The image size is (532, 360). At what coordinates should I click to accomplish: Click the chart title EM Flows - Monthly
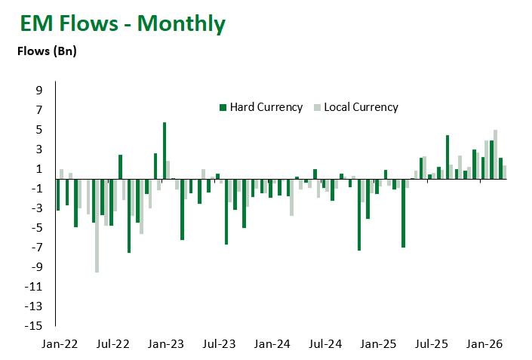(122, 23)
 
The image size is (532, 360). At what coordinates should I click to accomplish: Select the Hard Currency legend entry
(260, 107)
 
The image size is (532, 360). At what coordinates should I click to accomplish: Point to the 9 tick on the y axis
(38, 91)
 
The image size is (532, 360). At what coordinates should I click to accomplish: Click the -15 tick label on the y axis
(35, 326)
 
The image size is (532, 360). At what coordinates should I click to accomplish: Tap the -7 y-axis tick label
(37, 248)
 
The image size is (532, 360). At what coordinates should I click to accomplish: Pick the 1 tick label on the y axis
(38, 169)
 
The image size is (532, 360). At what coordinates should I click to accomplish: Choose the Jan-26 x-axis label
(485, 344)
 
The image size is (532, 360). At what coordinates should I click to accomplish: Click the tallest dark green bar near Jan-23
(165, 150)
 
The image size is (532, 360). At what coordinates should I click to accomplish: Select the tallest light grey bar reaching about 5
(495, 154)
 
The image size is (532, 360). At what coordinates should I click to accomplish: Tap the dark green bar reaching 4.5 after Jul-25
(447, 157)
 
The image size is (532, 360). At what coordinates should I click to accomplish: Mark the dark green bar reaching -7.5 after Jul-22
(129, 215)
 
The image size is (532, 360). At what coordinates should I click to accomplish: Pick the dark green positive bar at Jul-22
(120, 167)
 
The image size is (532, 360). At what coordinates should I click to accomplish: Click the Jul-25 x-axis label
(432, 344)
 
